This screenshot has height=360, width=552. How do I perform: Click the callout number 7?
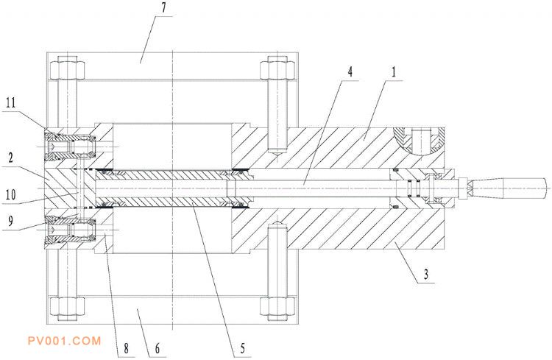[x=164, y=10]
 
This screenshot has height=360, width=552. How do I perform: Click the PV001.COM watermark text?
[x=63, y=340]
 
